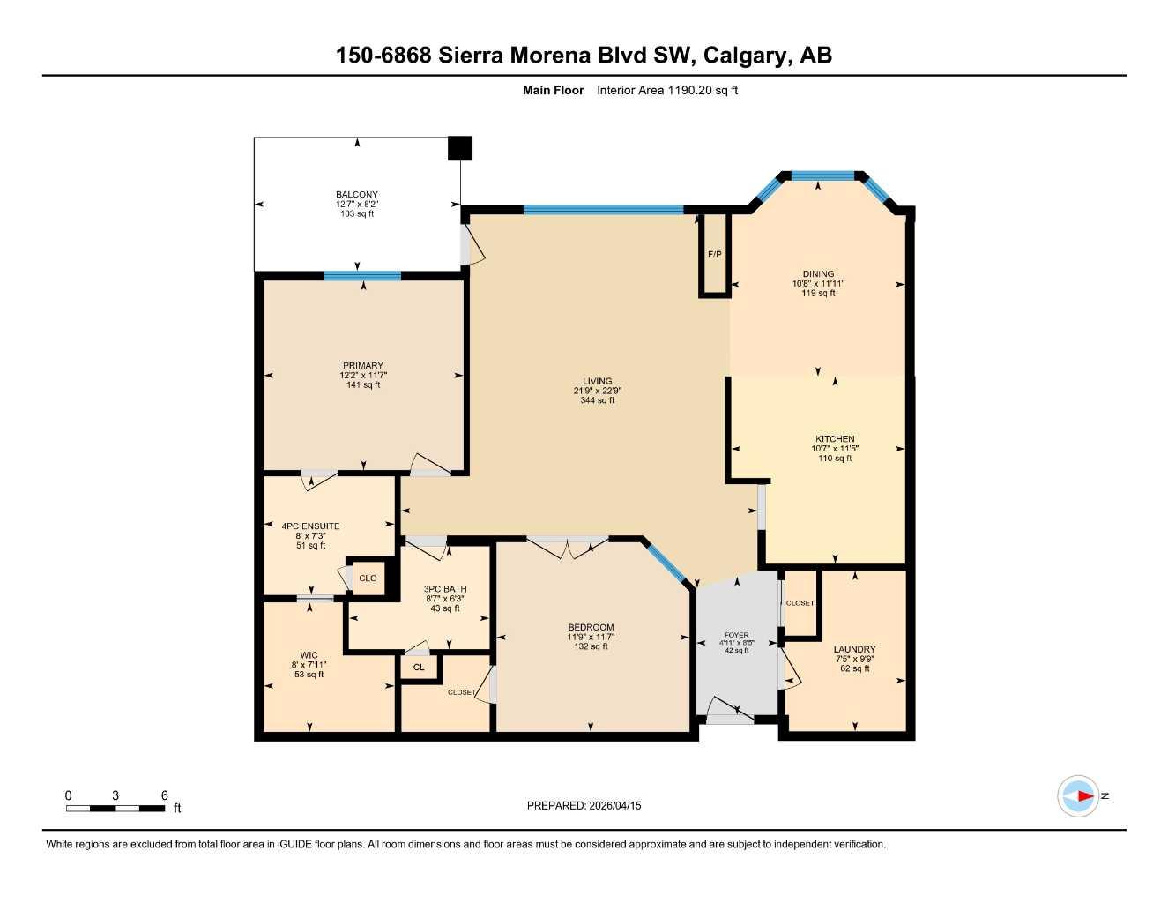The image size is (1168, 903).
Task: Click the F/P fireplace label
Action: click(x=714, y=255)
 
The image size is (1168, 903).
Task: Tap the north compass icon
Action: click(x=1078, y=796)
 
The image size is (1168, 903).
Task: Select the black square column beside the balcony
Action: click(x=459, y=148)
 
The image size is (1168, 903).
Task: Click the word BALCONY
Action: click(x=357, y=195)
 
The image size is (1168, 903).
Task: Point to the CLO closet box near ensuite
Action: click(x=368, y=578)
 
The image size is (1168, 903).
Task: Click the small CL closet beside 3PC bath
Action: click(x=419, y=668)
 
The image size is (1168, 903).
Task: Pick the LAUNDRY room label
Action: click(x=854, y=649)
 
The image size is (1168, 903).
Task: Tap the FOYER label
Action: click(x=736, y=635)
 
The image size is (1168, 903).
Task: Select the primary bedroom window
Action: click(x=362, y=276)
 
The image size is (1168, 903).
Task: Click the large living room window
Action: click(x=603, y=210)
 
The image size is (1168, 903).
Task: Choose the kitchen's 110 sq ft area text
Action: click(x=835, y=459)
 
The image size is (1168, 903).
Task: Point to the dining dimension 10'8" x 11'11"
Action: click(x=818, y=284)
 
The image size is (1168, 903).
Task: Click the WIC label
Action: click(x=309, y=655)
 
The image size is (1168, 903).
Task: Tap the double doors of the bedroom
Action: click(x=568, y=546)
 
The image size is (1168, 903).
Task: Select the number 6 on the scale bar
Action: click(x=164, y=795)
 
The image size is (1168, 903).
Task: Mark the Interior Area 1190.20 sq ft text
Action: click(x=667, y=90)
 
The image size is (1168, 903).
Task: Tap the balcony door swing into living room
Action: click(x=472, y=246)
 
